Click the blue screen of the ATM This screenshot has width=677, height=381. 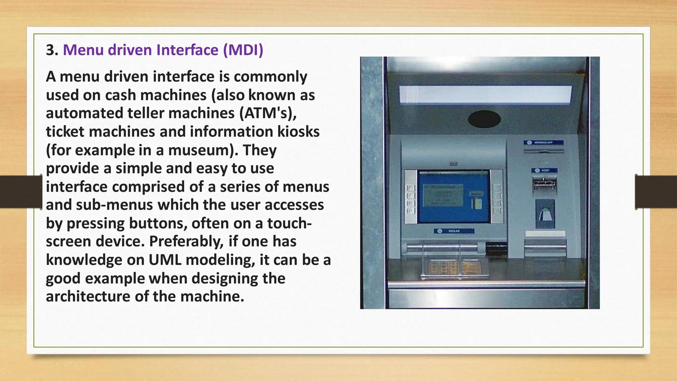pos(454,197)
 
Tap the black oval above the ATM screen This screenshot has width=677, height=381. pos(484,119)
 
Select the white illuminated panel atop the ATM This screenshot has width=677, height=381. pos(485,95)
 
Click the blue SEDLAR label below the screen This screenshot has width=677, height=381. pos(454,231)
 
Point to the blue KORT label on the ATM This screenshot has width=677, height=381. pos(544,170)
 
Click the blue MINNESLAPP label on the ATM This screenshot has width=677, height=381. pos(543,143)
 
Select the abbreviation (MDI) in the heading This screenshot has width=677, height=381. pos(243,50)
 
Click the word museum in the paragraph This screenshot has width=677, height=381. pos(199,150)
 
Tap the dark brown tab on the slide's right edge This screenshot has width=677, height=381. pos(656,192)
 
